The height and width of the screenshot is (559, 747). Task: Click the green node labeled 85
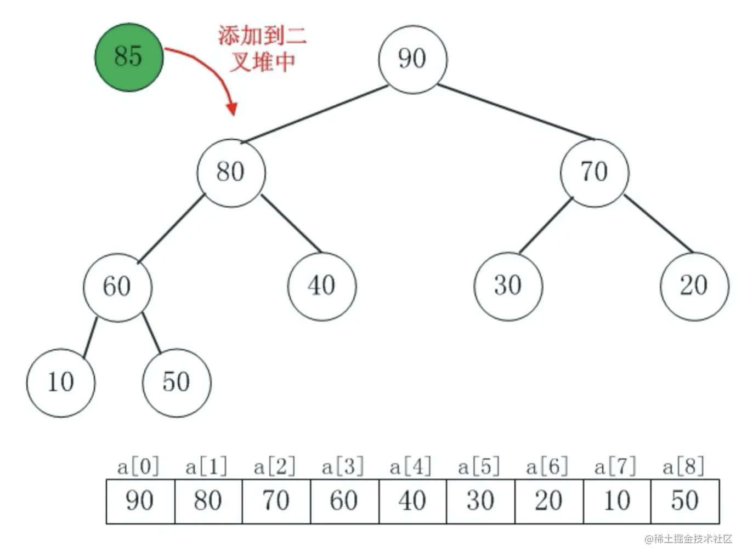point(129,57)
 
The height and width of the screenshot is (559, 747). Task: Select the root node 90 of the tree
point(412,59)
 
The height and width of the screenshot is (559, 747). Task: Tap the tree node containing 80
point(231,173)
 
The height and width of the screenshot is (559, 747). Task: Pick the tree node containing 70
point(595,173)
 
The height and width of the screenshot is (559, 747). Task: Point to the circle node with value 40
point(322,286)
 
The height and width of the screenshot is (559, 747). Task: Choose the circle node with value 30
point(508,286)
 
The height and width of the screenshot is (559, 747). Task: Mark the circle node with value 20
point(694,286)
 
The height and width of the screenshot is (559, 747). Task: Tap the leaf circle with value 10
point(60,383)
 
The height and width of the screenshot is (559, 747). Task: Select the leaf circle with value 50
point(177,383)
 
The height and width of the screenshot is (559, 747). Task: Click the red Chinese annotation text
point(262,48)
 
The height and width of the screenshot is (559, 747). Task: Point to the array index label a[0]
point(138,467)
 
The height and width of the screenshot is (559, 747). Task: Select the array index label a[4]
point(411,467)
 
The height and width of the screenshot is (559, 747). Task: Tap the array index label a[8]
point(683,467)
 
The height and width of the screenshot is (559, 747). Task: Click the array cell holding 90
point(140,501)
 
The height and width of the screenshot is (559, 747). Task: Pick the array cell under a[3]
point(344,501)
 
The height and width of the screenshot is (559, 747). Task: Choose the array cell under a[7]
point(617,501)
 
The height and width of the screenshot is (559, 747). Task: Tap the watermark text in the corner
point(688,539)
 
